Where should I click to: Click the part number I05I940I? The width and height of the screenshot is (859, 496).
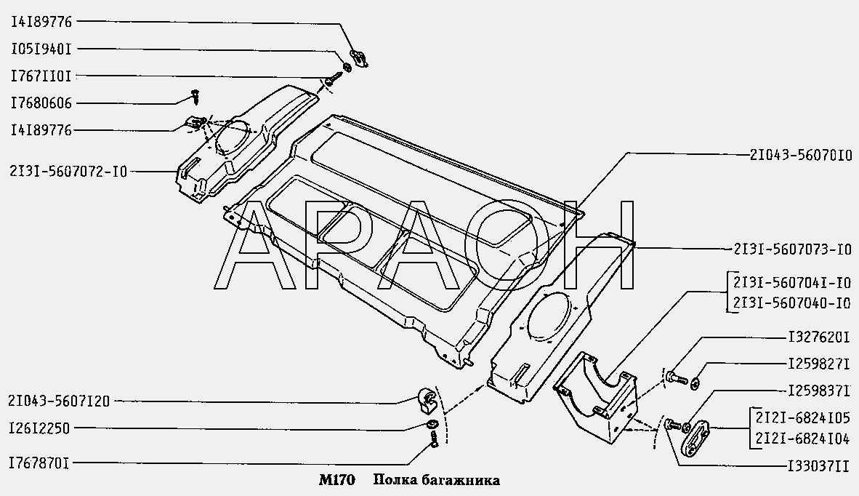pos(41,49)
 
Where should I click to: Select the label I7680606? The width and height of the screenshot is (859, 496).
pos(41,103)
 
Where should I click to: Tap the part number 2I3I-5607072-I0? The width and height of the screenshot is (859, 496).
pos(68,172)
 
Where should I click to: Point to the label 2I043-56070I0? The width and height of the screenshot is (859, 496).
pos(801,156)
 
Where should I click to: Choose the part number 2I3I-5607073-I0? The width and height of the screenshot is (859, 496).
pos(793,249)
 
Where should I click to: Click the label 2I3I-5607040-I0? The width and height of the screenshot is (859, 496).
pos(791,303)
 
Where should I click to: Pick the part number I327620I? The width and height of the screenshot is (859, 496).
pos(819,337)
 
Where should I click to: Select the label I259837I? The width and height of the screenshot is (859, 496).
pos(819,391)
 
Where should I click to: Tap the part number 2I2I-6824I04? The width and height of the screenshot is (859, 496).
pos(802,439)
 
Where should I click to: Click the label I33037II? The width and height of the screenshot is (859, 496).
pos(819,466)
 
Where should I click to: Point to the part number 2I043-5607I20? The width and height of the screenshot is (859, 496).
pos(59,401)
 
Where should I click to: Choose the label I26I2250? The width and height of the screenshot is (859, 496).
pos(39,428)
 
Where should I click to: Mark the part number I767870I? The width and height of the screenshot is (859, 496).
pos(39,464)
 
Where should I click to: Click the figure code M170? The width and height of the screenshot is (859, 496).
pos(337,481)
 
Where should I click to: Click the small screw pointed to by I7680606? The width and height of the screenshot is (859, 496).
pos(195,95)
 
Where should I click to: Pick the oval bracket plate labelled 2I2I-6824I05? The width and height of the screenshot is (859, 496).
pos(695,436)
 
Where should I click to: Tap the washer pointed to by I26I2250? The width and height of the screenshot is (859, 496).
pos(431,424)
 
